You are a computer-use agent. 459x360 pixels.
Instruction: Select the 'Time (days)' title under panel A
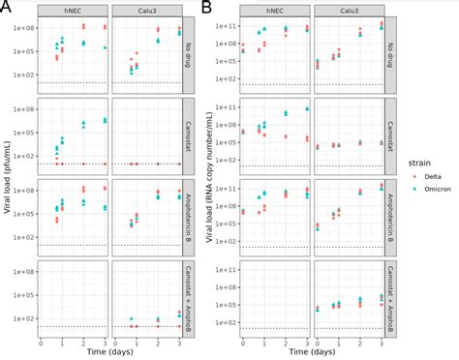110,352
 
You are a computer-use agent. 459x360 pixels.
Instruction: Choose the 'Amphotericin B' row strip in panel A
189,214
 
